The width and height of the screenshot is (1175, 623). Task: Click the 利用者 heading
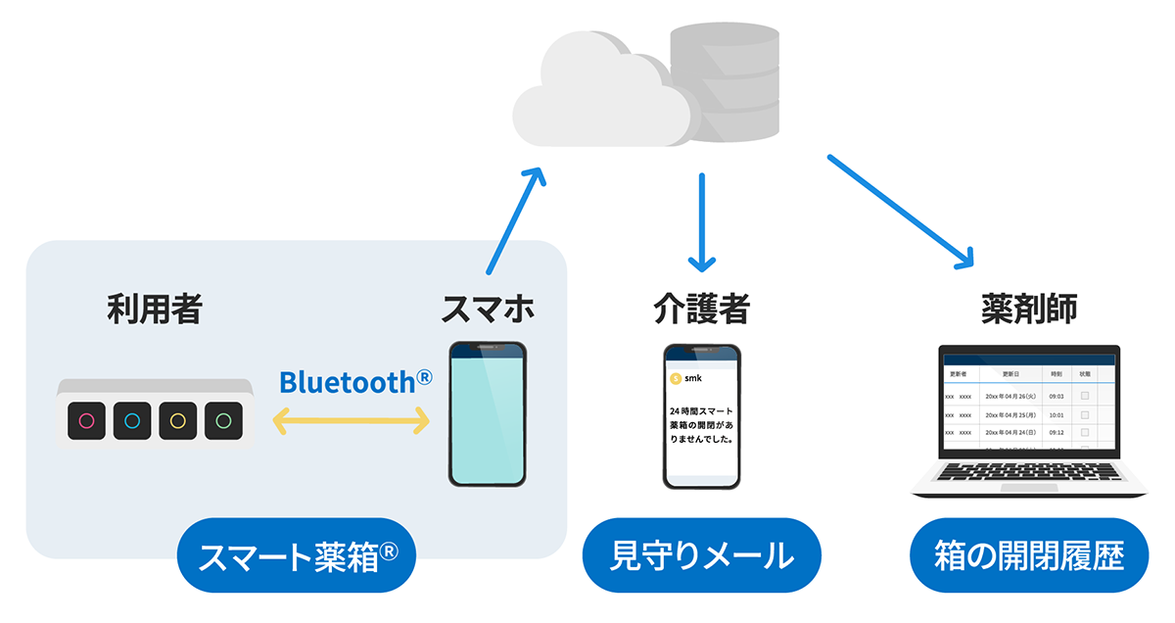[x=155, y=310]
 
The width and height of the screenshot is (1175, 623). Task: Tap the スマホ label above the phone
[x=488, y=310]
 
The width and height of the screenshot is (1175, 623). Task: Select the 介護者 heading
[x=701, y=310]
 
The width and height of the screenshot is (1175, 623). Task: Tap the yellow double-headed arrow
[x=352, y=421]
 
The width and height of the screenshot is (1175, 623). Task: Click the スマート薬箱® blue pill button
[x=297, y=555]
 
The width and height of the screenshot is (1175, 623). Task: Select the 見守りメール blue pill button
[x=701, y=555]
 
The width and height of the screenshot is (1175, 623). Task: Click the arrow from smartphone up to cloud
[x=512, y=219]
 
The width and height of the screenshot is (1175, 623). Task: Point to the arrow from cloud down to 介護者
[x=702, y=222]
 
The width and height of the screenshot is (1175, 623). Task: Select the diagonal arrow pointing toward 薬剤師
[x=902, y=211]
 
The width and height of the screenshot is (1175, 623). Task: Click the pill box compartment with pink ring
[x=86, y=421]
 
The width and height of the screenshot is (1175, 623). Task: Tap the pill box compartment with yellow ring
[x=177, y=421]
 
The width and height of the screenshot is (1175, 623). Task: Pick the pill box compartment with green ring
[x=223, y=421]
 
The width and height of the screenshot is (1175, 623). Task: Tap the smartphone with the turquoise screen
[x=488, y=413]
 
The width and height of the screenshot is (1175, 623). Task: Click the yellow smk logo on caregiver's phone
[x=675, y=377]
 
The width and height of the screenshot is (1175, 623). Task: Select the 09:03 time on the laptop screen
[x=1056, y=396]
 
